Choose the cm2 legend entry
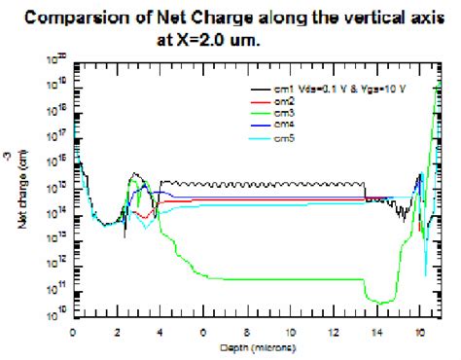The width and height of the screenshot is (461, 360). tap(283, 100)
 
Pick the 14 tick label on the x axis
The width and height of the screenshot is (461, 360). tap(376, 333)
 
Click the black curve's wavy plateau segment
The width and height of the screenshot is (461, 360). tap(263, 182)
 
